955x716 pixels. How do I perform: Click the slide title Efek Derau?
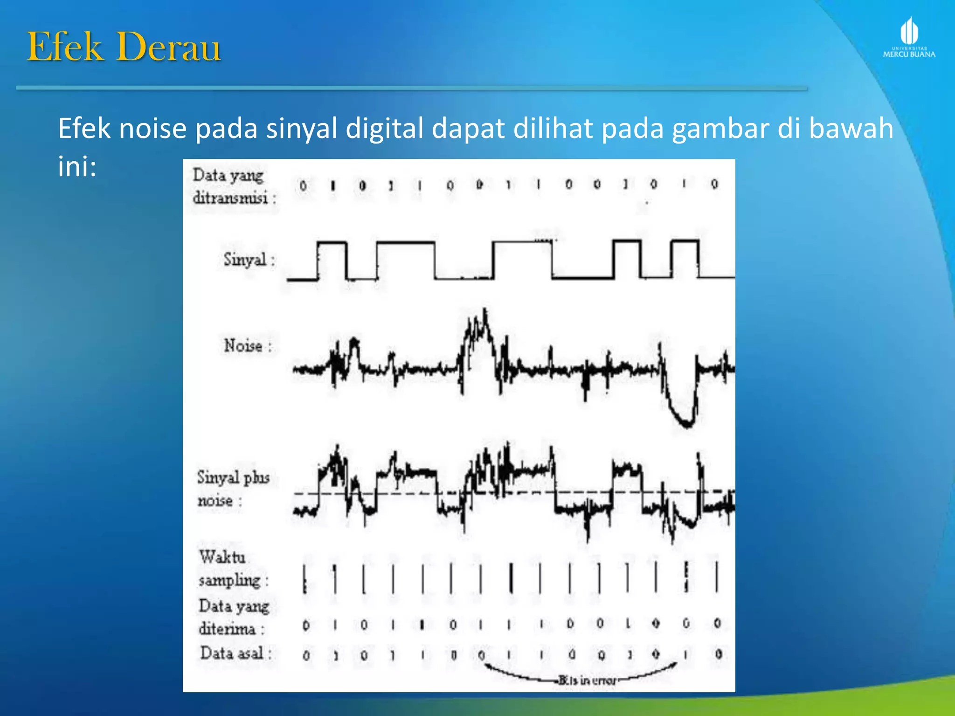124,47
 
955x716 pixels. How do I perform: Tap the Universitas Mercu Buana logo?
909,37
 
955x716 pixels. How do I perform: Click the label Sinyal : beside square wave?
249,260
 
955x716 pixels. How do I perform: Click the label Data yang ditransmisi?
233,186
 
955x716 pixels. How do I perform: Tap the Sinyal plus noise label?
233,489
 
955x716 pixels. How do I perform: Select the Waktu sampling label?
233,569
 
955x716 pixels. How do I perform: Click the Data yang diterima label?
233,617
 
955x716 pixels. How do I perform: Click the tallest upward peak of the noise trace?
485,317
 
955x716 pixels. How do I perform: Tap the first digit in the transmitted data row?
303,186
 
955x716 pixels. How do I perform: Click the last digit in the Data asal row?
719,654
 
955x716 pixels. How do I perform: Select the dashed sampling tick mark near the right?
686,577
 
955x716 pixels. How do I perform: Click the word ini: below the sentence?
77,166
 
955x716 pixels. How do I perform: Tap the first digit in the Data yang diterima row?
306,625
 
